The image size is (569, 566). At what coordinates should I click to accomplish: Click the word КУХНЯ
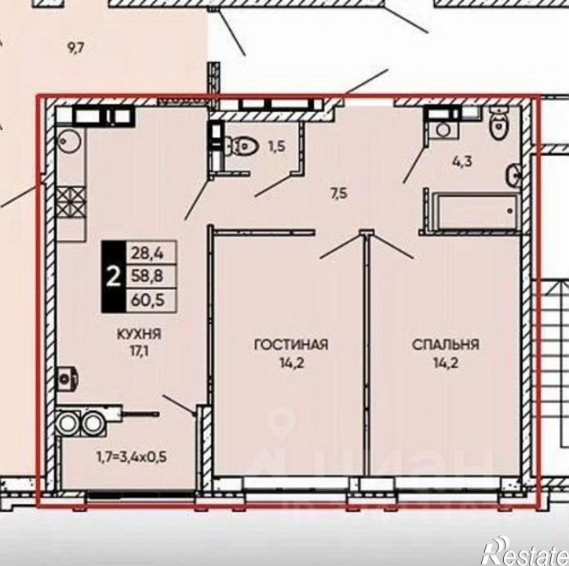point(139,334)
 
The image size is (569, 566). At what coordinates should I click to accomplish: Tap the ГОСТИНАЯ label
point(291,344)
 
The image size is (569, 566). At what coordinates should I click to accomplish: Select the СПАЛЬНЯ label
point(446,344)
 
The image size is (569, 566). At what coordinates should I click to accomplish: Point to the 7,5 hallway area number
point(338,194)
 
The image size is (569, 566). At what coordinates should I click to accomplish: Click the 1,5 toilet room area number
point(277,147)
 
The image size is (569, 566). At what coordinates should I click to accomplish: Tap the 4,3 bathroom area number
point(462,161)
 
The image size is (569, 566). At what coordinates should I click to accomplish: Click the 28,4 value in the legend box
point(148,252)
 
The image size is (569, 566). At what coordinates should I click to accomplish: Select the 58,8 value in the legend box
point(148,276)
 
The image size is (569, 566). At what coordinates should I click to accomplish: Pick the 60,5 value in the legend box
point(148,300)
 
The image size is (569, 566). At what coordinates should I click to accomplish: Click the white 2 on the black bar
point(114,277)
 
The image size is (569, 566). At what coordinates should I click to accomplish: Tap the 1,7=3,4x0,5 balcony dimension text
point(131,457)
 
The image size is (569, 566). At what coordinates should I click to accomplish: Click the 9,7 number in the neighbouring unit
point(76,48)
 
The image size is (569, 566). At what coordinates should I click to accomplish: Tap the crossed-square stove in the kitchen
point(71,201)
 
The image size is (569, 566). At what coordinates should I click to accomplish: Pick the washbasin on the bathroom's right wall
point(514,176)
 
